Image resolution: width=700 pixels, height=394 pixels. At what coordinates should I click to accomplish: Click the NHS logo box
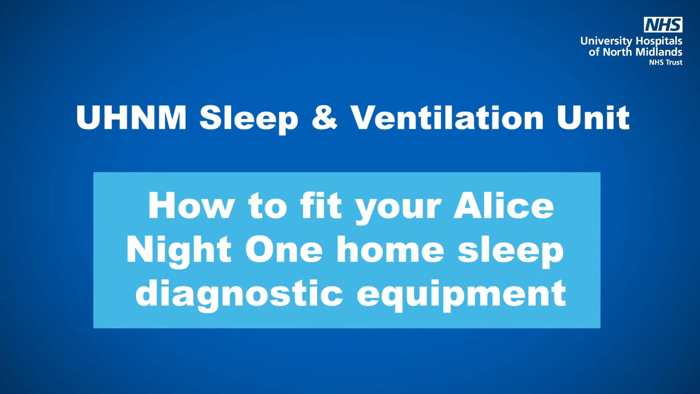tap(663, 25)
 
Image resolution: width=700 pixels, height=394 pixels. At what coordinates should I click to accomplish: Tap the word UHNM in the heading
tap(131, 117)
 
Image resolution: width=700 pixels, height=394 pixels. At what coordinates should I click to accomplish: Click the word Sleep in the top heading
tap(249, 119)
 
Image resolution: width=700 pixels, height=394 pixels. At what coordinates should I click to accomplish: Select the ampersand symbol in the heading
tap(324, 117)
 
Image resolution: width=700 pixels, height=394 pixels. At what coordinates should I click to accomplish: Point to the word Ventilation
tap(447, 117)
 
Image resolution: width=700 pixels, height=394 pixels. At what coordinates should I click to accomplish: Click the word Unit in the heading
tap(593, 117)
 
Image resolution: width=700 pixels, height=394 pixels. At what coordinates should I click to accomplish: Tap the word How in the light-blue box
tap(191, 206)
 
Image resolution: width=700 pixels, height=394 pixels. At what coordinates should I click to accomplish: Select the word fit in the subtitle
tap(321, 206)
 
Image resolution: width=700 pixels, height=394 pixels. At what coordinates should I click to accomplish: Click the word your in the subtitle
tap(398, 208)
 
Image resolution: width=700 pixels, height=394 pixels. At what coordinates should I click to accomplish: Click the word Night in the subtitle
tap(179, 250)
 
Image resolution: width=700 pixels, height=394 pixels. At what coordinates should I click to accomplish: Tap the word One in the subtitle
tap(284, 250)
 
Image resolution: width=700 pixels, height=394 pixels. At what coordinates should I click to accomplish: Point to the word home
tap(390, 250)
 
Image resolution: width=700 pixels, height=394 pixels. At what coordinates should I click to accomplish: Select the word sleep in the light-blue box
tap(511, 251)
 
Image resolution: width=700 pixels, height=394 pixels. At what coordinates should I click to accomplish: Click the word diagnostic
tap(239, 294)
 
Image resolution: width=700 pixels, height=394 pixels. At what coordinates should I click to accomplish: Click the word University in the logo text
tap(606, 41)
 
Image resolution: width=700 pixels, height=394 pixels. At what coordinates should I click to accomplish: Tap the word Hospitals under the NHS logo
tap(659, 41)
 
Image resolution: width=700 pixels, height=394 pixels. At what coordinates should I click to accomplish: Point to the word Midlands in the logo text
tap(659, 52)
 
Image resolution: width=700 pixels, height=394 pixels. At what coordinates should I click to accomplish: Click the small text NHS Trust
tap(665, 62)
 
